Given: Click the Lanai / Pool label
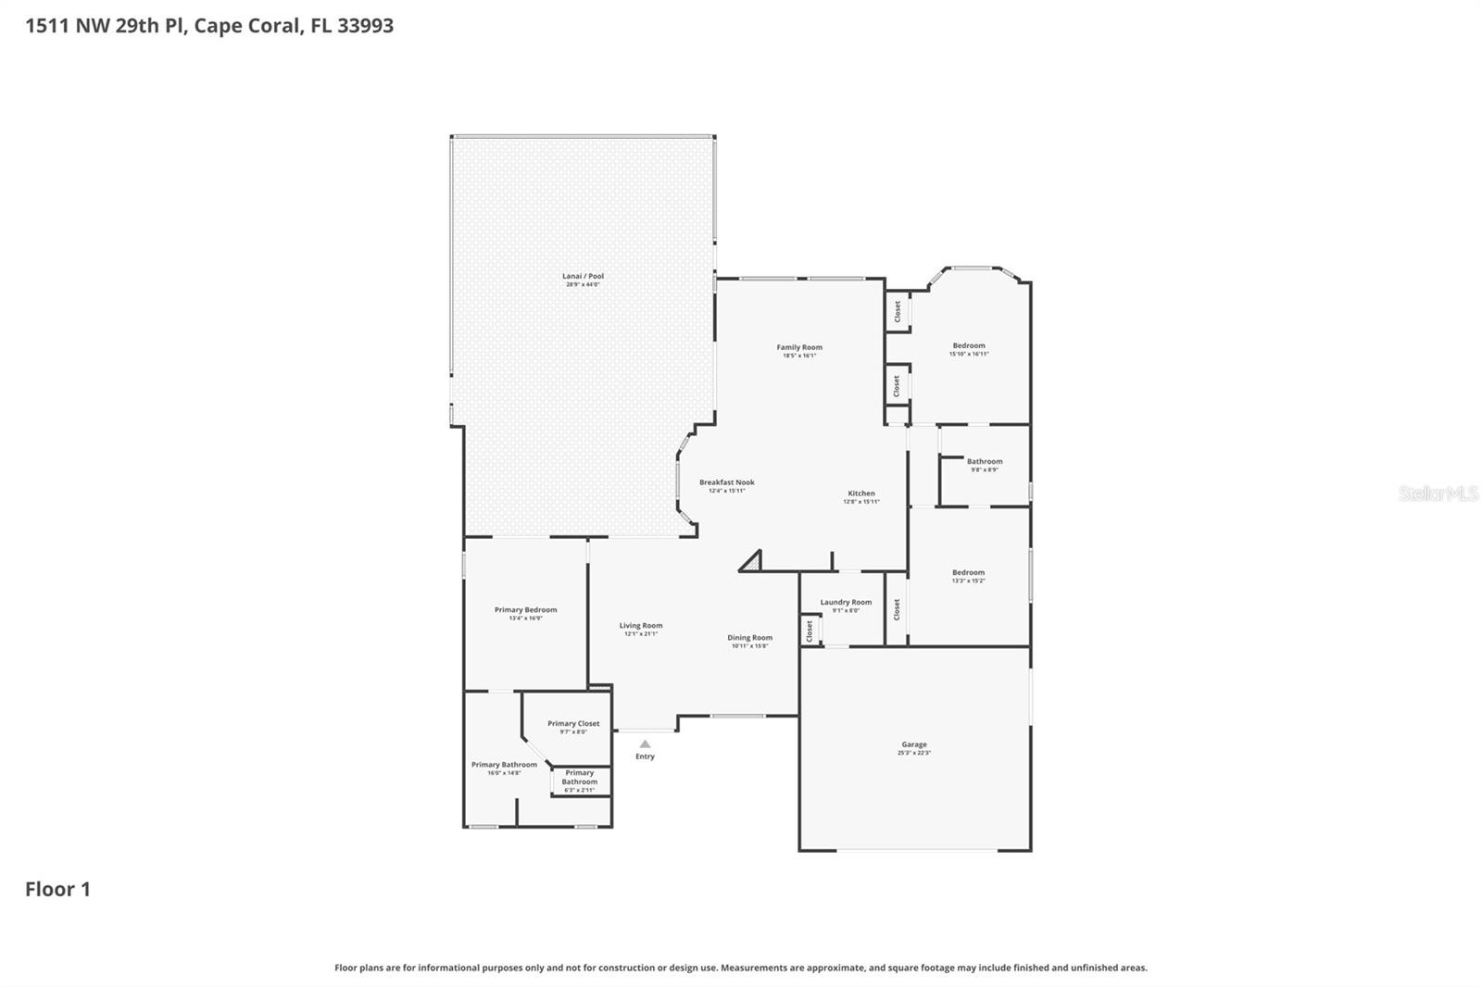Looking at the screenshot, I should click(x=583, y=276).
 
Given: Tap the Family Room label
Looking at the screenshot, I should click(x=798, y=347).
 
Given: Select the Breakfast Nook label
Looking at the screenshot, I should click(x=726, y=482).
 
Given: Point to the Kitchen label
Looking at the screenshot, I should click(x=860, y=493).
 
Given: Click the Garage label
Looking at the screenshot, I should click(x=913, y=744).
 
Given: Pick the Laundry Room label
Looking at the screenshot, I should click(x=845, y=602).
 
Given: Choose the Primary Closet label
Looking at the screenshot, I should click(x=572, y=724).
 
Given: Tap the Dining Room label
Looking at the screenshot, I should click(x=748, y=638).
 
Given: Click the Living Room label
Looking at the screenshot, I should click(x=640, y=626).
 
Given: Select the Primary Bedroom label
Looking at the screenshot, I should click(x=525, y=610).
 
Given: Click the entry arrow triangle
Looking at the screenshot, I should click(x=645, y=743).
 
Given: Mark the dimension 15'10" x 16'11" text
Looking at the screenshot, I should click(x=969, y=354).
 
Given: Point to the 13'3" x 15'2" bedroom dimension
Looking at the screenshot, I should click(x=968, y=581).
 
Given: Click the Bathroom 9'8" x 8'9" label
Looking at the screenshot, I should click(x=984, y=462).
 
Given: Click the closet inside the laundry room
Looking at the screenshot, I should click(x=810, y=631).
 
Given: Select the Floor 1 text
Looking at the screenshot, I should click(x=57, y=889).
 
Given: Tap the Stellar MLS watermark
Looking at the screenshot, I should click(x=1438, y=493).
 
